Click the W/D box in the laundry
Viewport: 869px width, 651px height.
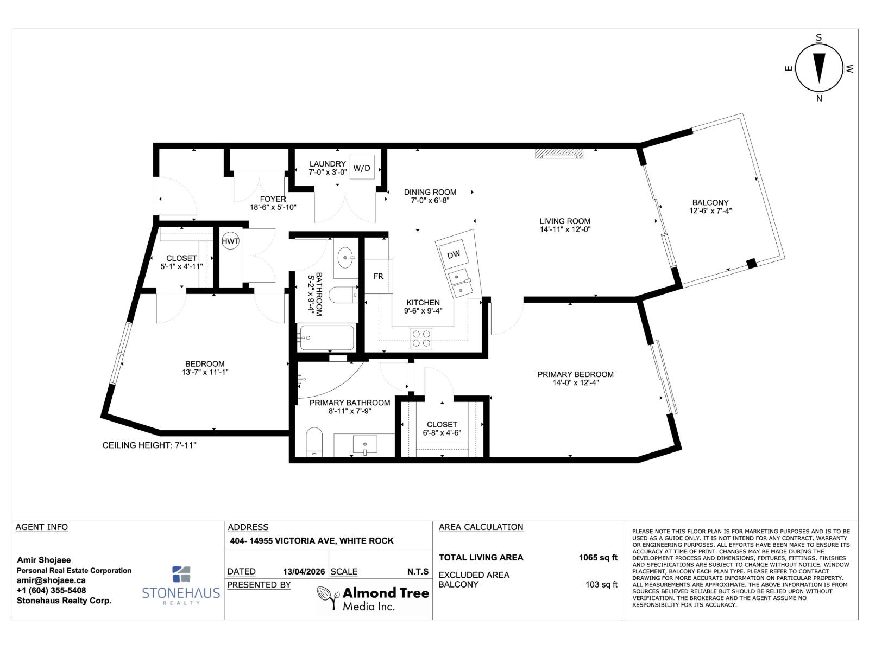[362, 168]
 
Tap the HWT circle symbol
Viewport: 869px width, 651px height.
[230, 241]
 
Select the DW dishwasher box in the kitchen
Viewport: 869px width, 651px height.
[454, 254]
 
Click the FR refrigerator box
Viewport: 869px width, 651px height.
[379, 276]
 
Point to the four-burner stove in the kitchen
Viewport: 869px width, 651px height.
[421, 339]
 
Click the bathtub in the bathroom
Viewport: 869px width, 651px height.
[326, 337]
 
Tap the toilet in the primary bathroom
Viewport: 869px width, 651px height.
[314, 441]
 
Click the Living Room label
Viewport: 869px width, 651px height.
[565, 221]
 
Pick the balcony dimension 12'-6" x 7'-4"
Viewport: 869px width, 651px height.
[710, 211]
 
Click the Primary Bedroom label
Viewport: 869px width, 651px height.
[575, 374]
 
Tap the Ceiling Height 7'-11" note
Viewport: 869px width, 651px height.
[149, 445]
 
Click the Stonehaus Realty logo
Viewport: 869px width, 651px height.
[181, 586]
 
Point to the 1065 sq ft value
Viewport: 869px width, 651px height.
[598, 557]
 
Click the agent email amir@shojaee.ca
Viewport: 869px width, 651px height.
[51, 580]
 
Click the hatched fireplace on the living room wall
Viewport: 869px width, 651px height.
[559, 154]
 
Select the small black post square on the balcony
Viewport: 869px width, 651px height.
[752, 264]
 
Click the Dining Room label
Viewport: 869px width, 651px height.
[430, 192]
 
